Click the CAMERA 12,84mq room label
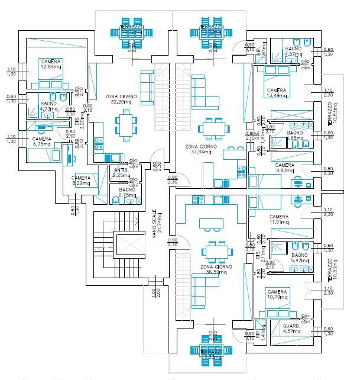coord(50,64)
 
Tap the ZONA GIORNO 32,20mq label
coord(121,99)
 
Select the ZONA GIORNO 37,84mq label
coord(201,149)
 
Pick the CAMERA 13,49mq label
coord(277,92)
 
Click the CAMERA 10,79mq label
coord(277,295)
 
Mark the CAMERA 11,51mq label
coord(279,220)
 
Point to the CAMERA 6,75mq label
coord(41,141)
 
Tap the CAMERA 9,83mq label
coord(285,168)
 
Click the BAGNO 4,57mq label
coord(294,52)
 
